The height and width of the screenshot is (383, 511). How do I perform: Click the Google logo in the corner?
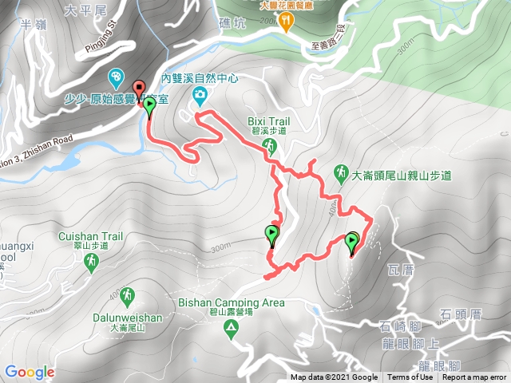30,372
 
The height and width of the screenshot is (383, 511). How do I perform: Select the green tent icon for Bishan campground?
231,330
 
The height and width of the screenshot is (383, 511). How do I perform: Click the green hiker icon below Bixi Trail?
271,144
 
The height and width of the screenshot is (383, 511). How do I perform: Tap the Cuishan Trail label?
90,236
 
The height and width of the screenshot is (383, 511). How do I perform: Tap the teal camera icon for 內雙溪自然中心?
200,97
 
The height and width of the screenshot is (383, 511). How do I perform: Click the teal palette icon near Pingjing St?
116,77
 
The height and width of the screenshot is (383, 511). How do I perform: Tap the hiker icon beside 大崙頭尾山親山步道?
341,172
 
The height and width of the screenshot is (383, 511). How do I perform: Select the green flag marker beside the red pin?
149,105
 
